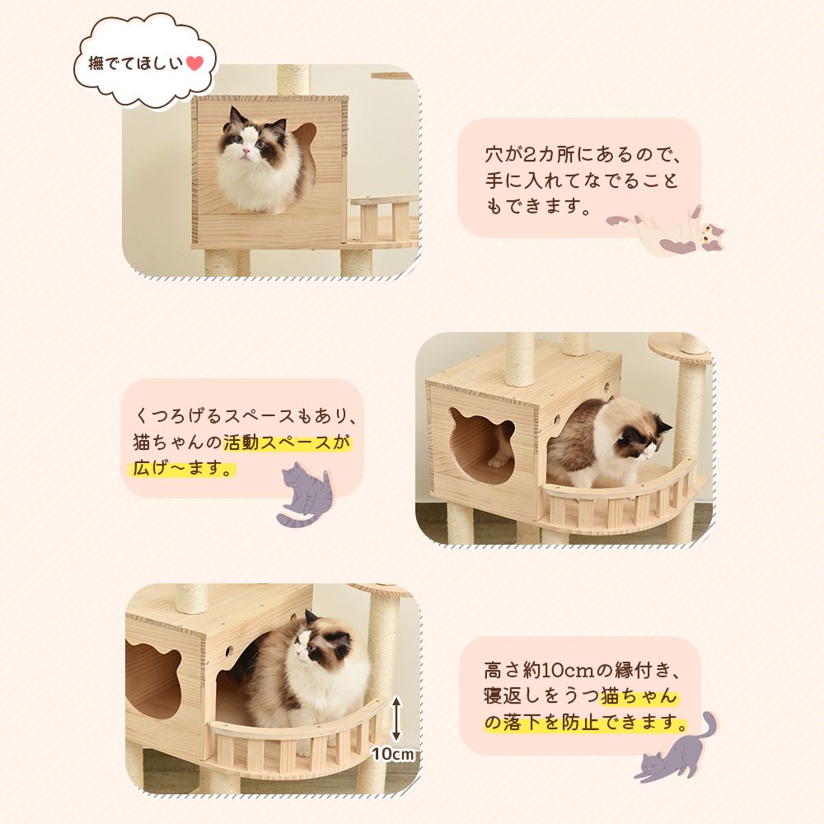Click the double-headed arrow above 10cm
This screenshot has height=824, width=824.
point(396,717)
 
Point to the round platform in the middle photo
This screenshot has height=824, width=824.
point(679,344)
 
